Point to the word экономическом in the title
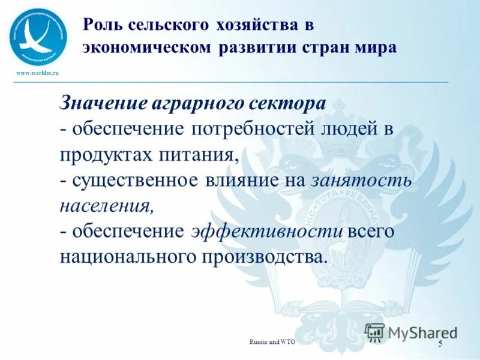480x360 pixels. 146,47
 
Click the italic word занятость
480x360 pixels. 361,180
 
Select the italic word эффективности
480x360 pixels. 267,232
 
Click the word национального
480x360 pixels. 122,257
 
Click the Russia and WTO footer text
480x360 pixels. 272,341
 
